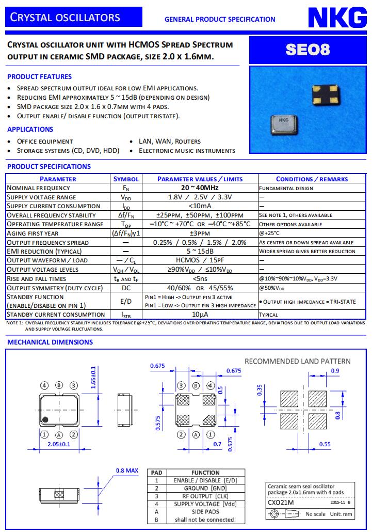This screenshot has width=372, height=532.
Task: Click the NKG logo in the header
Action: coord(338,18)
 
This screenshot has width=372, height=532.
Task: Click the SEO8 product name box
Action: coord(308,50)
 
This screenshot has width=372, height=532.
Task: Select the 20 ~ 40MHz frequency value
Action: coord(199,188)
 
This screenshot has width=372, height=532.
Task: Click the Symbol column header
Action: coord(125,179)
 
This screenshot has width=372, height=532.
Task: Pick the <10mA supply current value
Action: coord(199,206)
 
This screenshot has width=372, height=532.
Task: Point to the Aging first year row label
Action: coord(33,233)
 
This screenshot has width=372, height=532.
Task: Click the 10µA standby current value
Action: coord(199,315)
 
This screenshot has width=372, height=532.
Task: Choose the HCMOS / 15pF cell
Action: coord(199,260)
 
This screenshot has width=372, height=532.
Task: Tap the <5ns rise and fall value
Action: coord(199,278)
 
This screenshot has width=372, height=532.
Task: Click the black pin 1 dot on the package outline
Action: coord(45,419)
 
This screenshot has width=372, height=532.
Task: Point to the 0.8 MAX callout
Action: coord(127,471)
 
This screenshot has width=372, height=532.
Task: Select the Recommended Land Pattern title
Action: coord(297,361)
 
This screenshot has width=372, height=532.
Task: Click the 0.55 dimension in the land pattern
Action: coord(325,444)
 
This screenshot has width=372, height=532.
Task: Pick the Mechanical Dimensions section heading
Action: coord(50,342)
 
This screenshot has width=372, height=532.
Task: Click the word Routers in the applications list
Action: coord(188,141)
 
